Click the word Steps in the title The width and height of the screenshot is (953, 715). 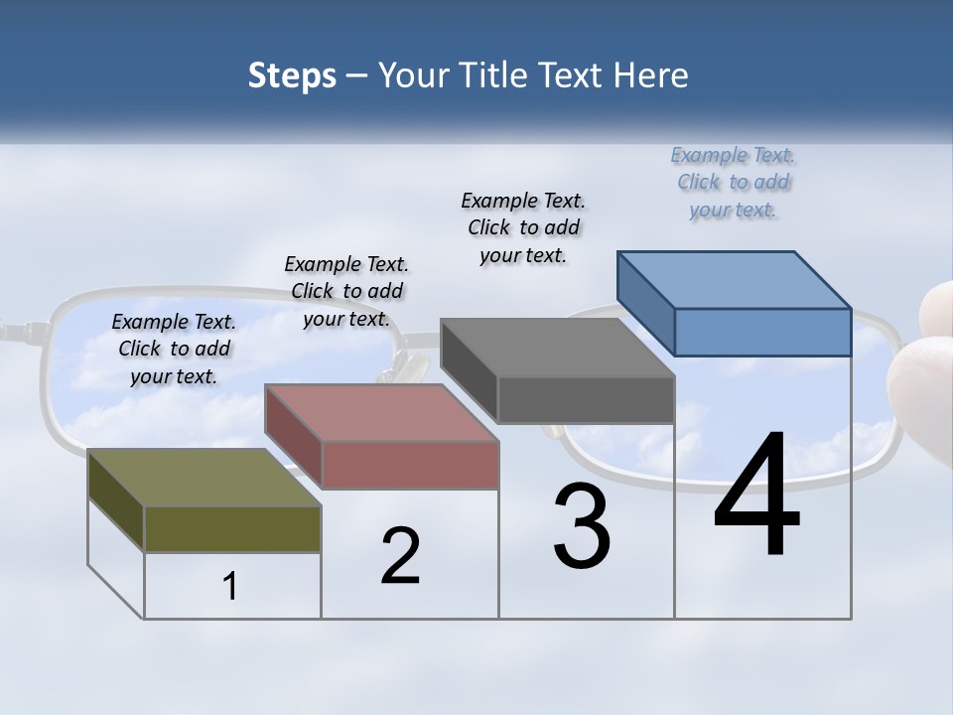point(292,75)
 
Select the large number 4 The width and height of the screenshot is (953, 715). point(756,496)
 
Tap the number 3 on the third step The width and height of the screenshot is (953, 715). point(582,526)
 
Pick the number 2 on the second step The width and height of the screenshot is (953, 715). point(400,556)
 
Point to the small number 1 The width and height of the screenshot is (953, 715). point(230,586)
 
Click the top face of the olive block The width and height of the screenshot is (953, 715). point(204,478)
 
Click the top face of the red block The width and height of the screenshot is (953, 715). point(381,412)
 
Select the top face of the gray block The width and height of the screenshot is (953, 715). point(557,348)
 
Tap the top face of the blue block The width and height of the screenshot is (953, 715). point(735,279)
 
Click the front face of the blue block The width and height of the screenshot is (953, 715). point(762,332)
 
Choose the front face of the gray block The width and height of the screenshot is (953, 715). point(586,399)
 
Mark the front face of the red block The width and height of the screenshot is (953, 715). point(410,465)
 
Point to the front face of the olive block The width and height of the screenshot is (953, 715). point(232,528)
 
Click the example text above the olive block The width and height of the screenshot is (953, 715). point(174,350)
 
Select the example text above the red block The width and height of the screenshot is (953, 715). point(346,291)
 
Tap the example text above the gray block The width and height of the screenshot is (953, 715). point(523,227)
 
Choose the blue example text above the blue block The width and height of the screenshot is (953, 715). point(733,182)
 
